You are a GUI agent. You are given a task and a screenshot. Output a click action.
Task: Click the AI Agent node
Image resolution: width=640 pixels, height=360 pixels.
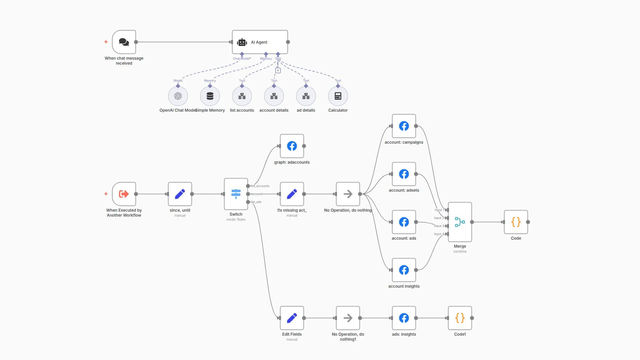(x=260, y=42)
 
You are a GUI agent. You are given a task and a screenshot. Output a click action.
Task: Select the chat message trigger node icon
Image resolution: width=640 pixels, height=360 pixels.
(x=124, y=42)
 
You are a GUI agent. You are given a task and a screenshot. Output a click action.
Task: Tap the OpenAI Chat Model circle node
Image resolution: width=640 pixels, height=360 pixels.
(x=178, y=96)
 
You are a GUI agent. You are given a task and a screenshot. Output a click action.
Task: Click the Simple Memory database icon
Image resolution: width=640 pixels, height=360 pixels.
(x=210, y=96)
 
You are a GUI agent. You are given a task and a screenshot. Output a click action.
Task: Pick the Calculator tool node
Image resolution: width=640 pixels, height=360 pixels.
(x=338, y=96)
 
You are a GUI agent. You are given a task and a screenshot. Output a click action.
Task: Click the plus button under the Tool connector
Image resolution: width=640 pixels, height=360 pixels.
(x=278, y=70)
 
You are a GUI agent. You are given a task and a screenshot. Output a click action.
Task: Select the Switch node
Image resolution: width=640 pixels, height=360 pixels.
(x=236, y=194)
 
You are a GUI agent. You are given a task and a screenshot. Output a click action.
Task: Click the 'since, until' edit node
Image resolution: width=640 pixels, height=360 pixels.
(x=180, y=194)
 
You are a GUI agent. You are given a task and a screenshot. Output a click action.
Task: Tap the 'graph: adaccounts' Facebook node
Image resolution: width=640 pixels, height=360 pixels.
(x=292, y=146)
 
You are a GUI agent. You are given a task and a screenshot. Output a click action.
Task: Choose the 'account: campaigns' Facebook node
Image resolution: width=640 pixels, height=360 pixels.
(x=404, y=126)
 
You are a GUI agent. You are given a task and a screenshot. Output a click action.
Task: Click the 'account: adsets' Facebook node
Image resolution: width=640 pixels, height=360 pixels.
(x=404, y=174)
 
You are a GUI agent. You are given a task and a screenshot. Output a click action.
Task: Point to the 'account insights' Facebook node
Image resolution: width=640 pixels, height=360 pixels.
(x=404, y=270)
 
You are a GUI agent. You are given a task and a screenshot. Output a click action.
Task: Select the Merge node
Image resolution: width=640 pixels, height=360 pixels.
(x=460, y=222)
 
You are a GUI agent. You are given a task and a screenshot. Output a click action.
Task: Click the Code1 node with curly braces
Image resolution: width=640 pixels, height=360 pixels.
(x=460, y=318)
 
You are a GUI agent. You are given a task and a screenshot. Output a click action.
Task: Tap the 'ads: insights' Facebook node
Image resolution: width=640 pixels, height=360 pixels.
(x=404, y=318)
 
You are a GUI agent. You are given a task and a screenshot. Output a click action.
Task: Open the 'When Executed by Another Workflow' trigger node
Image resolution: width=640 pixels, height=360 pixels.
(x=124, y=194)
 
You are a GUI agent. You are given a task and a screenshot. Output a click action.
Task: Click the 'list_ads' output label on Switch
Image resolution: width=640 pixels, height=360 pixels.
(x=256, y=202)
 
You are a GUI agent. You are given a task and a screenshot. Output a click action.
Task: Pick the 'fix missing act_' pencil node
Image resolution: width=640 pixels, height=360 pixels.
(x=292, y=194)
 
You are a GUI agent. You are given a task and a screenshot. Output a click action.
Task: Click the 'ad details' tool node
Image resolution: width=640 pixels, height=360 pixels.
(x=306, y=96)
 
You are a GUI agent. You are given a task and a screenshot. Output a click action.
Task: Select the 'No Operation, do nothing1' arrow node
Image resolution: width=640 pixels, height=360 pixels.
(x=348, y=318)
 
